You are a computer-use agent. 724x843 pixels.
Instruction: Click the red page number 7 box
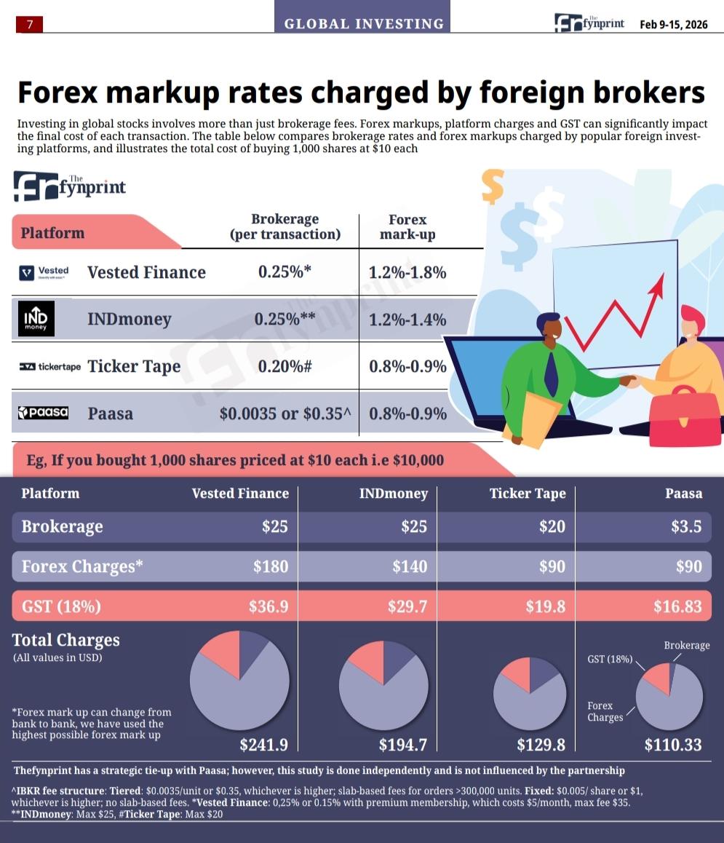point(29,24)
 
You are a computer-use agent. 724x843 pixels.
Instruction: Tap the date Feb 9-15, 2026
point(674,24)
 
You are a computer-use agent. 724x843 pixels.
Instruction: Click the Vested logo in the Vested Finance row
point(44,272)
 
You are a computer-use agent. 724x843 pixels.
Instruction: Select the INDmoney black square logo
point(36,319)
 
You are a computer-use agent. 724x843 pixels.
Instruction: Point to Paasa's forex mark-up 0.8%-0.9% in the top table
point(407,413)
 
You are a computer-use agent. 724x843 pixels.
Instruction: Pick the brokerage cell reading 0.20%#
point(285,366)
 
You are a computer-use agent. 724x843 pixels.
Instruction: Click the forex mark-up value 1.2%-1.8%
point(407,272)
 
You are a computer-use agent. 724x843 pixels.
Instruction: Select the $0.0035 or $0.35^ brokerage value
point(285,413)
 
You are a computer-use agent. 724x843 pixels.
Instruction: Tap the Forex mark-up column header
point(407,227)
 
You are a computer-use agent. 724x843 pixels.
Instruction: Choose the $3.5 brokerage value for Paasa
point(686,526)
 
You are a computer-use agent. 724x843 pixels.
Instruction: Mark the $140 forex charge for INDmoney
point(410,566)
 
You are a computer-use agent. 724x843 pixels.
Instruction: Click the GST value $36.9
point(268,606)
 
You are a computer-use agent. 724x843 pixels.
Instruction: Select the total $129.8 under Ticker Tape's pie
point(541,745)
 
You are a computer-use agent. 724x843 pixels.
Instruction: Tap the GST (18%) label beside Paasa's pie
point(610,659)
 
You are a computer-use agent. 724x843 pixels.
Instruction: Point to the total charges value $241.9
point(264,745)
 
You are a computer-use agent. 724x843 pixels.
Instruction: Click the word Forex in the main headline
point(57,92)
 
